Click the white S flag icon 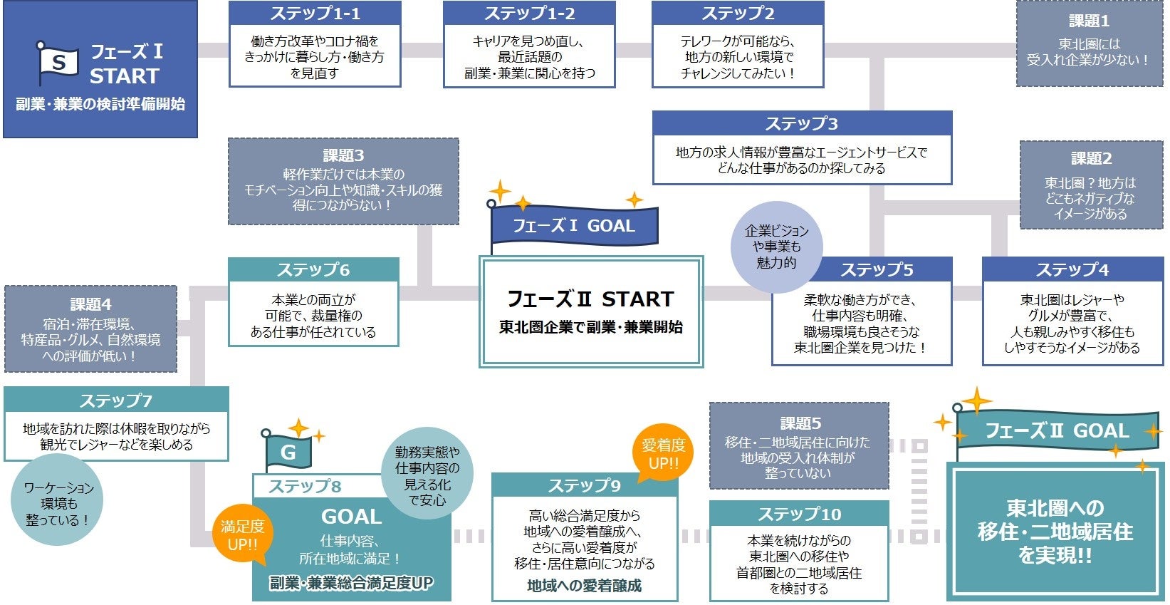click(58, 62)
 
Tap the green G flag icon click(288, 452)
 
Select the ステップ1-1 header click(315, 14)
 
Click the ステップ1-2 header click(529, 14)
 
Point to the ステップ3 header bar click(802, 123)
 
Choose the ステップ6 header click(313, 269)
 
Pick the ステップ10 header click(799, 514)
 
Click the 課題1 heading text click(1089, 21)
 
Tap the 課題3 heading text click(343, 155)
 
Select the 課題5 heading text click(800, 423)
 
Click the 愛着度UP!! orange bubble click(663, 454)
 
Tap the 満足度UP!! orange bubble click(242, 535)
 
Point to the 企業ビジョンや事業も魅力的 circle click(776, 247)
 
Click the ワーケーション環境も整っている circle click(58, 503)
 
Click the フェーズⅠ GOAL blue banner click(574, 226)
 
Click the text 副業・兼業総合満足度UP click(351, 583)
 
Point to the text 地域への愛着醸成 click(584, 586)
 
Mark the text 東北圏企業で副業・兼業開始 click(590, 327)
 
